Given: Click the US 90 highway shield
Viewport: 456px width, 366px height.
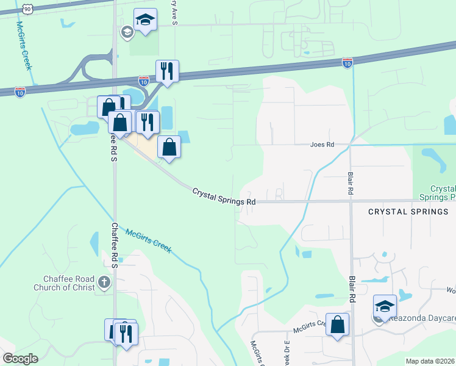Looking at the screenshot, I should [27, 9].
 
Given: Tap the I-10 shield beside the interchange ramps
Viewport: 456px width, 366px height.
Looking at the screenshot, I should [144, 81].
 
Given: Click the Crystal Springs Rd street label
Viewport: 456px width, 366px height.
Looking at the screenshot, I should [224, 196].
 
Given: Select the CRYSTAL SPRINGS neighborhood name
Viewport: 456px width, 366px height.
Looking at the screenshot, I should [408, 212].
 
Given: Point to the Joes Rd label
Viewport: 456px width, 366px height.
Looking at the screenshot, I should [322, 145].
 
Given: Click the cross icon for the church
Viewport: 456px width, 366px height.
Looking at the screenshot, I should [104, 282].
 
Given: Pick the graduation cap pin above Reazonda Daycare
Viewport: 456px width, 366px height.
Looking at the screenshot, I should [385, 306].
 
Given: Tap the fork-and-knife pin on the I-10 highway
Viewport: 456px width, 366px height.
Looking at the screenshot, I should [166, 71].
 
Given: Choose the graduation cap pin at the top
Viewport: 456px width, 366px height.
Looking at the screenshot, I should [145, 20].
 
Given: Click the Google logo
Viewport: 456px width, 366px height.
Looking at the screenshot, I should [20, 359].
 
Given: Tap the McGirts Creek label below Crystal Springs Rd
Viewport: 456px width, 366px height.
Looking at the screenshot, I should [149, 240].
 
